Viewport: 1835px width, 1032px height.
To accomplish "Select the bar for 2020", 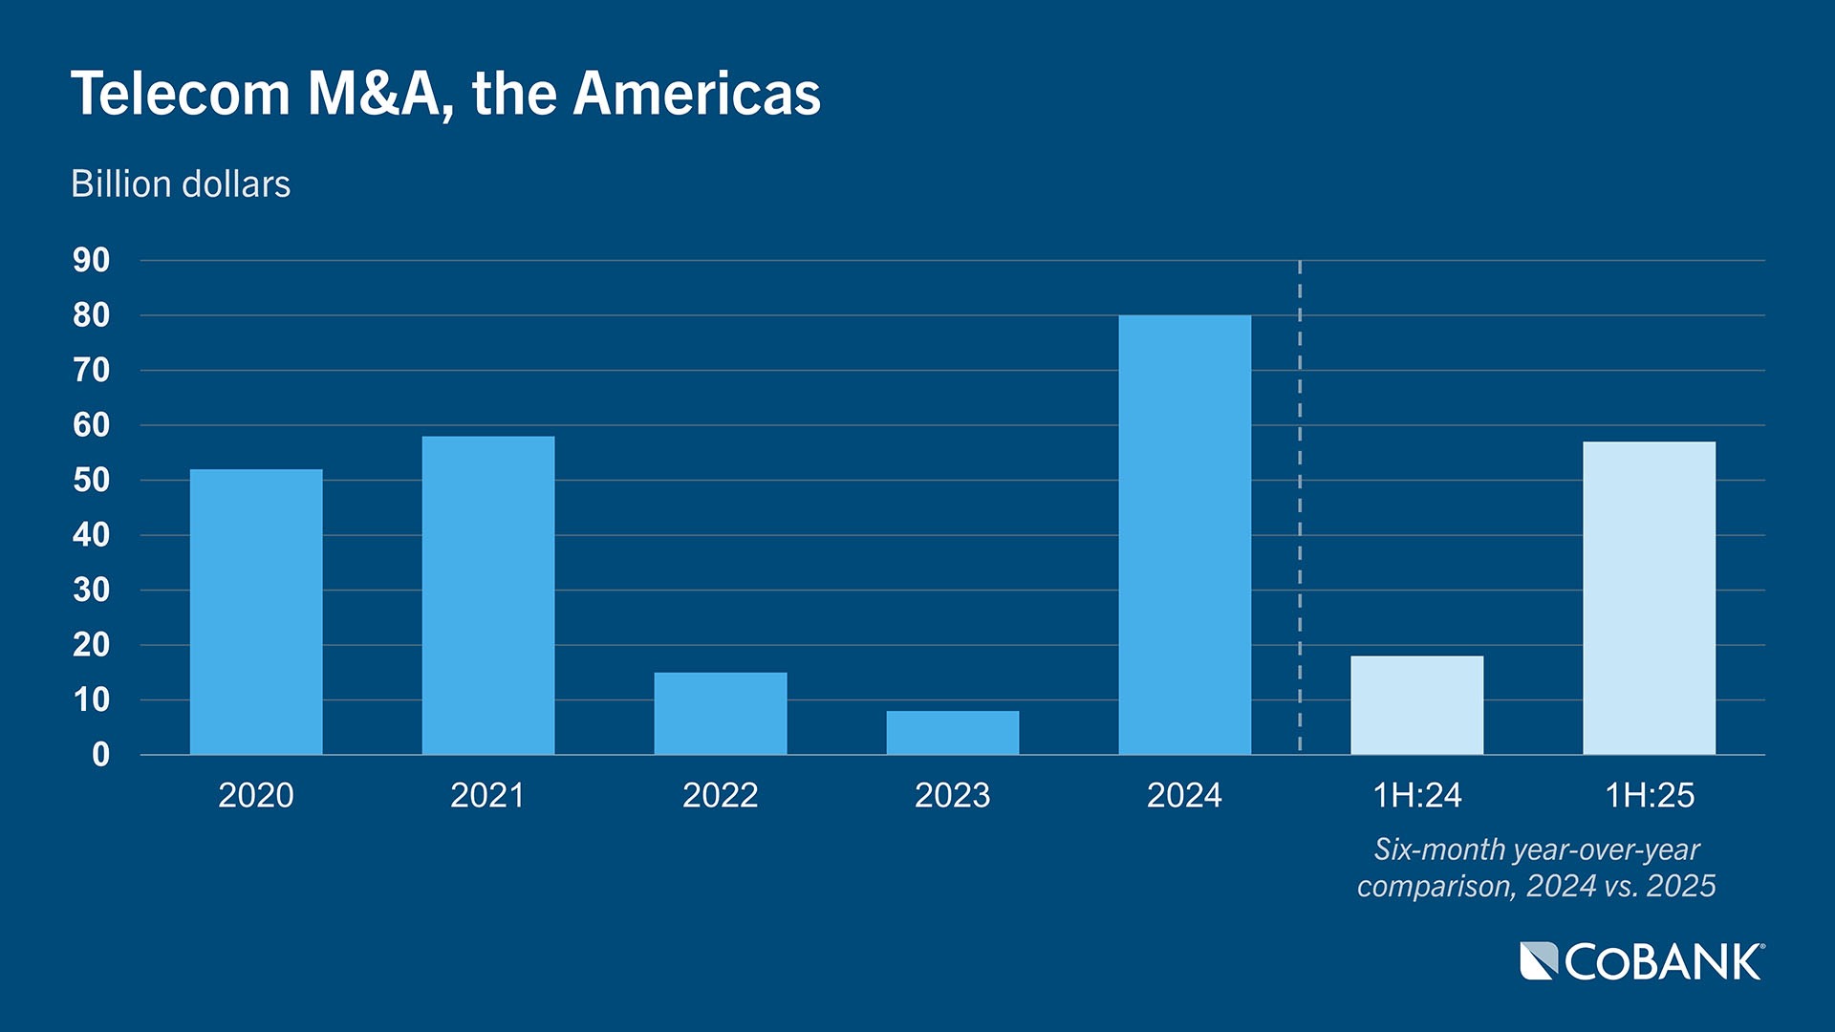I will (256, 612).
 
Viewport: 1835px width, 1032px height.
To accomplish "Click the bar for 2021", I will (488, 595).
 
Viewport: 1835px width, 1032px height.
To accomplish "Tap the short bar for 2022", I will (721, 714).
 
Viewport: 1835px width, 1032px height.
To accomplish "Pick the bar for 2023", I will (953, 733).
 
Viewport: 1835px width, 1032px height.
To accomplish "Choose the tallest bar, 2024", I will (1185, 535).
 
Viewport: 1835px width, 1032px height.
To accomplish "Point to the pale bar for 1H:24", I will (1417, 705).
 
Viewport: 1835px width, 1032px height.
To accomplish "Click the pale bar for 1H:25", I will (1650, 598).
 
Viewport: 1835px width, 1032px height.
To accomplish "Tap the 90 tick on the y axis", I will (92, 260).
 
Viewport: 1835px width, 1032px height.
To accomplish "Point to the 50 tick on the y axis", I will (92, 480).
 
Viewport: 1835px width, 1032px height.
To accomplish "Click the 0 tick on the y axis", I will (100, 755).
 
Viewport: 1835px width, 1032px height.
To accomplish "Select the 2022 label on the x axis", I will (721, 795).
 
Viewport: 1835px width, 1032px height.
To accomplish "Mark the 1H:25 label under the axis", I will (1650, 795).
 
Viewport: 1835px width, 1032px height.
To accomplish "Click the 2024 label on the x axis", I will (1185, 795).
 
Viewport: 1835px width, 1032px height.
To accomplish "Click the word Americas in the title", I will (697, 94).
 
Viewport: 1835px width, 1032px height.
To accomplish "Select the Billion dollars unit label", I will (181, 183).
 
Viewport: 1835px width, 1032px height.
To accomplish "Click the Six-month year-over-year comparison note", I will (1537, 868).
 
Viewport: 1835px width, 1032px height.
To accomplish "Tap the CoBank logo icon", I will (1539, 961).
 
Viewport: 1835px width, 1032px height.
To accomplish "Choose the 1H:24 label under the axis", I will (1417, 795).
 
